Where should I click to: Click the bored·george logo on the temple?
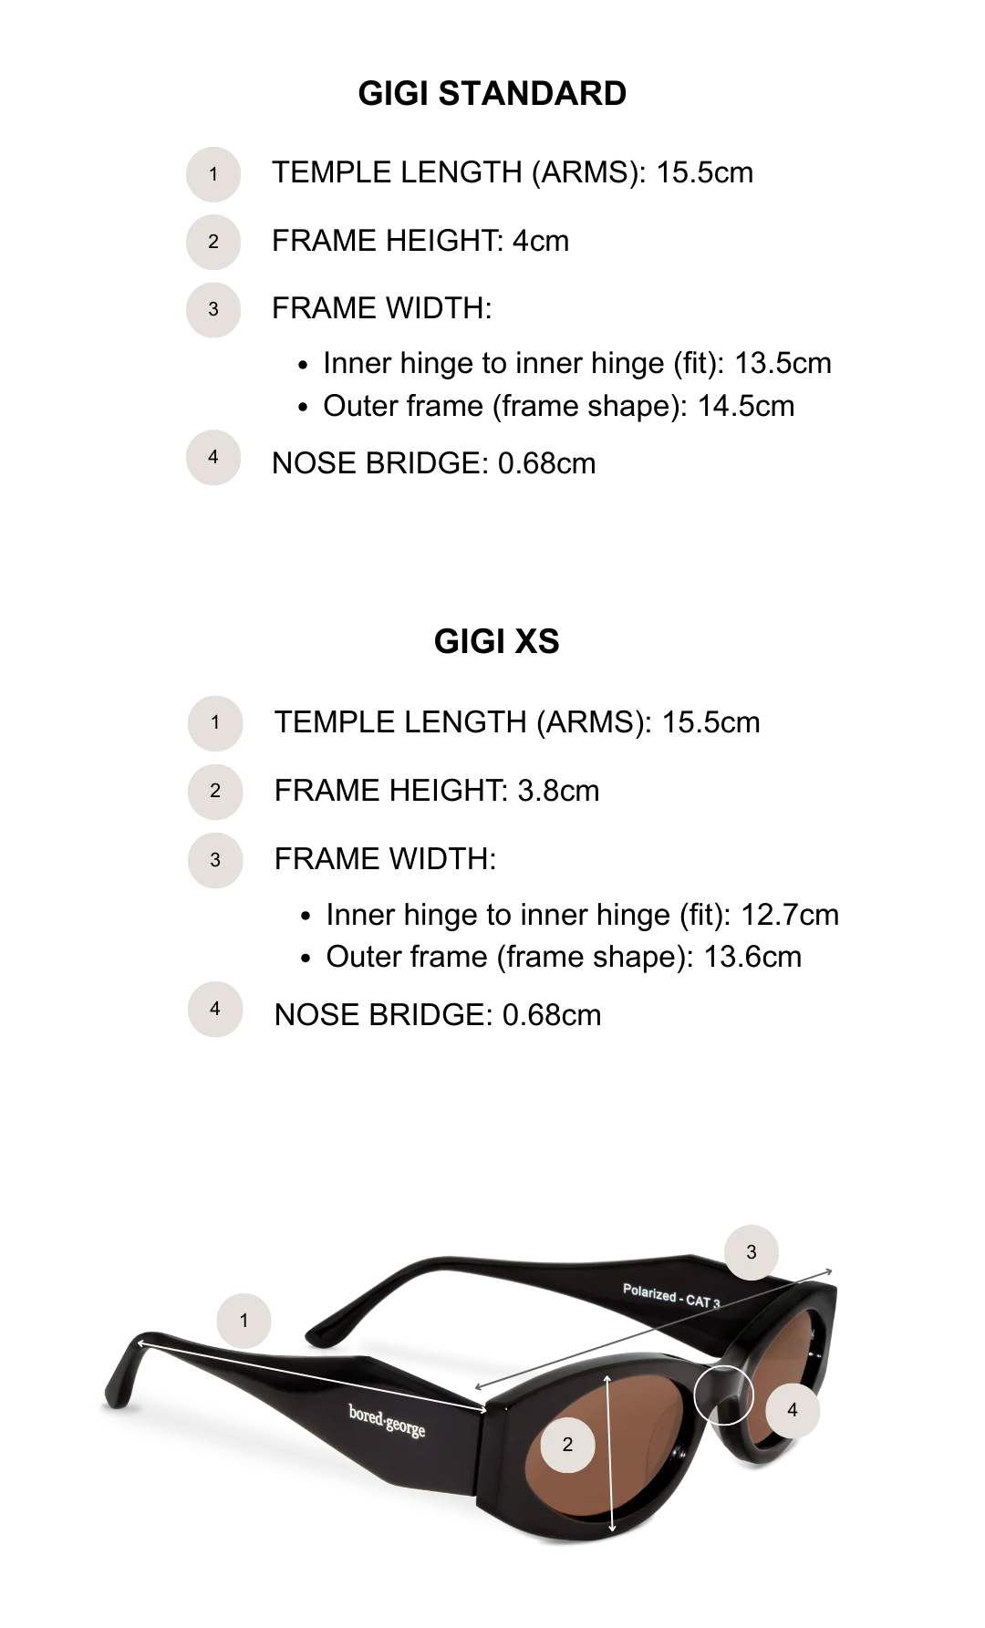click(x=387, y=1419)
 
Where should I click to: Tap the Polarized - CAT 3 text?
click(x=671, y=1296)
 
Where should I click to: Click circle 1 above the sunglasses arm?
click(x=244, y=1320)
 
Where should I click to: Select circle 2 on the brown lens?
click(x=567, y=1444)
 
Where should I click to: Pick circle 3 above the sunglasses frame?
click(x=752, y=1251)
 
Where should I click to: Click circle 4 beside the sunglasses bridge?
click(x=792, y=1409)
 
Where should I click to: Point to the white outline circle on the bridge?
click(x=723, y=1395)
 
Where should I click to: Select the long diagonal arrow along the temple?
click(x=310, y=1376)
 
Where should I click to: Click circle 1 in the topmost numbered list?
click(x=213, y=173)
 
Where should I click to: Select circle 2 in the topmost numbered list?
click(x=213, y=241)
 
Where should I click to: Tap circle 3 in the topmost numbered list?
click(x=213, y=309)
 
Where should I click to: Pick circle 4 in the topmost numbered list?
click(x=213, y=456)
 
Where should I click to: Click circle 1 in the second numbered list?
click(x=215, y=722)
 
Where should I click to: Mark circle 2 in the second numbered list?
click(x=215, y=791)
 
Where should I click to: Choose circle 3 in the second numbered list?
click(x=215, y=859)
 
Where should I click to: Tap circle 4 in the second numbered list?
click(x=215, y=1008)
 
